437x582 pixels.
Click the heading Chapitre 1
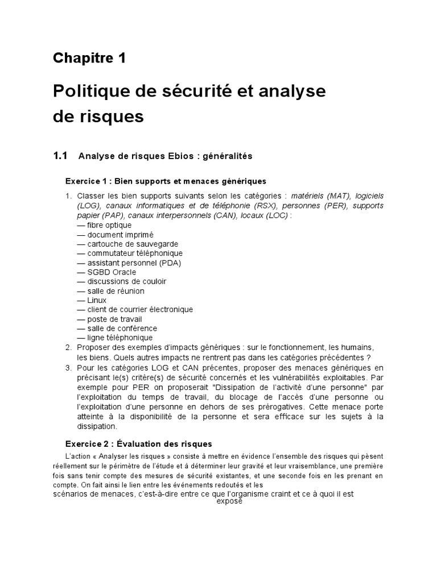pyautogui.click(x=89, y=57)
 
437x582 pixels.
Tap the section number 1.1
pyautogui.click(x=60, y=155)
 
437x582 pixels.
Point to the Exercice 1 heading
pyautogui.click(x=166, y=182)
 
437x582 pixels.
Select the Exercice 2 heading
pyautogui.click(x=138, y=443)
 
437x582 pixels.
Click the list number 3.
pyautogui.click(x=68, y=368)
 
